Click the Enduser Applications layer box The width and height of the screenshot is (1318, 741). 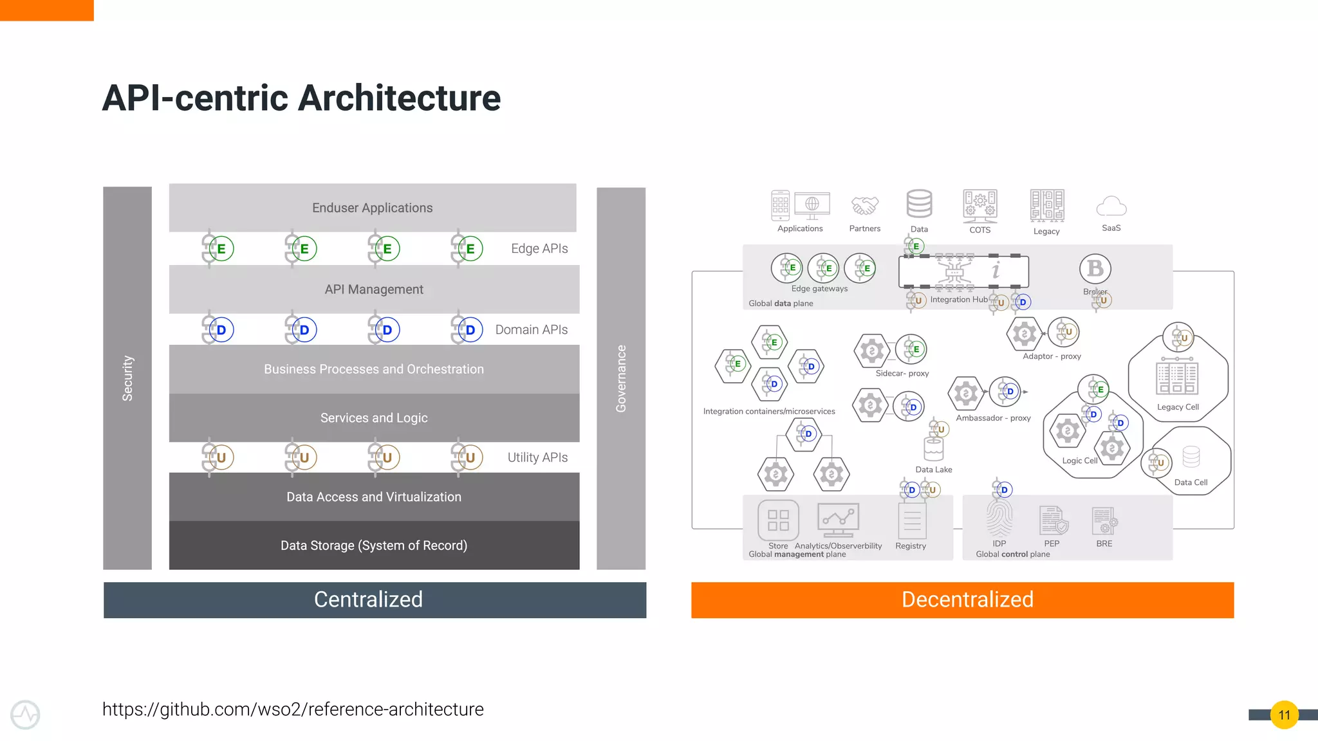tap(373, 208)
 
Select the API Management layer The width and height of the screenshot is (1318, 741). tap(374, 289)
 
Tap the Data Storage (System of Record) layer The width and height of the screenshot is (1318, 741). tap(374, 545)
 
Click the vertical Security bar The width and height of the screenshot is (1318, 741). tap(127, 378)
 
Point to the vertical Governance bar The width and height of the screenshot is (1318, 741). tap(621, 378)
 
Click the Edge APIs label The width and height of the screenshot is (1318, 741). tap(539, 249)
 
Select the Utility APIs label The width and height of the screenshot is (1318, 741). tap(537, 457)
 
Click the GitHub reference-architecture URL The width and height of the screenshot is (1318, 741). tap(293, 709)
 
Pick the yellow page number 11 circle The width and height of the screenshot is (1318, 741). tap(1284, 715)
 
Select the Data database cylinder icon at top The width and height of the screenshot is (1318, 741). tap(919, 204)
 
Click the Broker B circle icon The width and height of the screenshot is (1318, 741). tap(1095, 269)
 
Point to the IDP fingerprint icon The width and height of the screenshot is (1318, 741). tap(999, 519)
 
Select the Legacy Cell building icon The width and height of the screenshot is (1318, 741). tap(1177, 378)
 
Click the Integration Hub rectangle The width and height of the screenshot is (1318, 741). tap(963, 271)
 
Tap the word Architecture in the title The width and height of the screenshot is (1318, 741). tap(399, 98)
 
